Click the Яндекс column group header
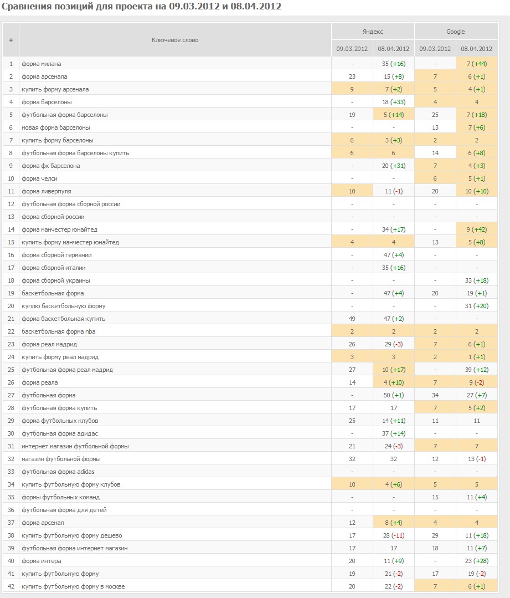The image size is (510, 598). [x=373, y=32]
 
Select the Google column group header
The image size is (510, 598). [x=456, y=32]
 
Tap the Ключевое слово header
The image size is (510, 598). [x=175, y=40]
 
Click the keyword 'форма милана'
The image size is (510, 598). [x=41, y=64]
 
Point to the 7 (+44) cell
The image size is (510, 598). [x=476, y=64]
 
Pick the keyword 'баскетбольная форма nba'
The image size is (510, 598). [x=58, y=331]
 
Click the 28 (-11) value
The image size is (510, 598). [x=393, y=535]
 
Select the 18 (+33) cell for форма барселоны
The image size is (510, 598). [x=393, y=102]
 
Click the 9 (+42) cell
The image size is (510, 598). [x=476, y=229]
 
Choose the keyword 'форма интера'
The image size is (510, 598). [x=41, y=561]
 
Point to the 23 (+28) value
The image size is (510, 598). [x=476, y=561]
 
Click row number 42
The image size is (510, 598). [x=11, y=586]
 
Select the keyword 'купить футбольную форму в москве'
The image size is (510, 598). [x=73, y=586]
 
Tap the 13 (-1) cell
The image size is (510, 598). [x=476, y=459]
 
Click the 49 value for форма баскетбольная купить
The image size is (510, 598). [x=352, y=319]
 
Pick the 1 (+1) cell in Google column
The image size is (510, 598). [x=476, y=357]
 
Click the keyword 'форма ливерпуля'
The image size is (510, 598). [x=46, y=191]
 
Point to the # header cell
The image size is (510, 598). [x=11, y=40]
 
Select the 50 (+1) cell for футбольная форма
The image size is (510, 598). [x=393, y=395]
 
